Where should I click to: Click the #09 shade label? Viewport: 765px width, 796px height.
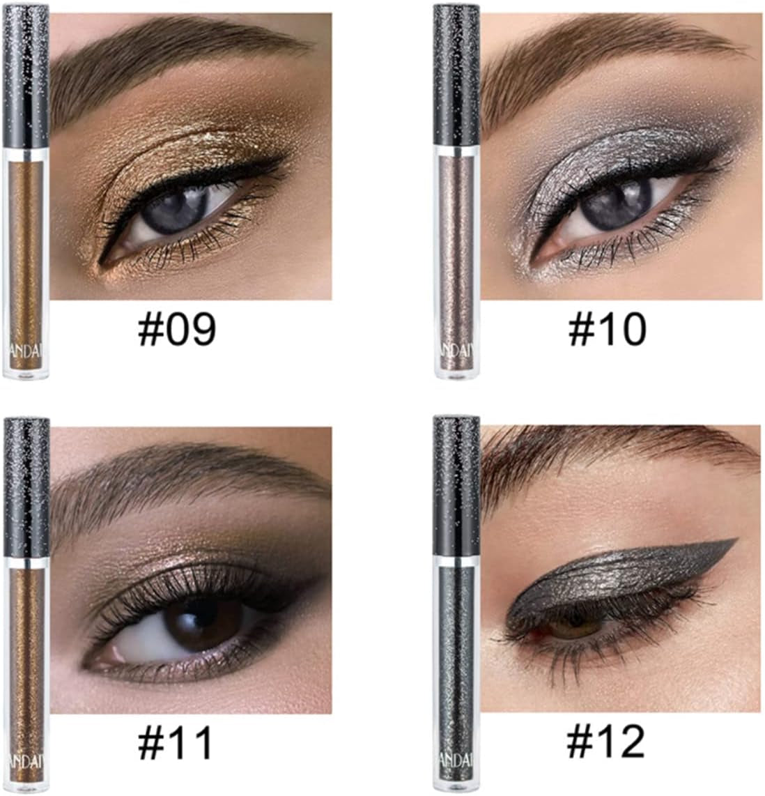(x=177, y=330)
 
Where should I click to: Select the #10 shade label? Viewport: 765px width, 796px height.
(x=607, y=330)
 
